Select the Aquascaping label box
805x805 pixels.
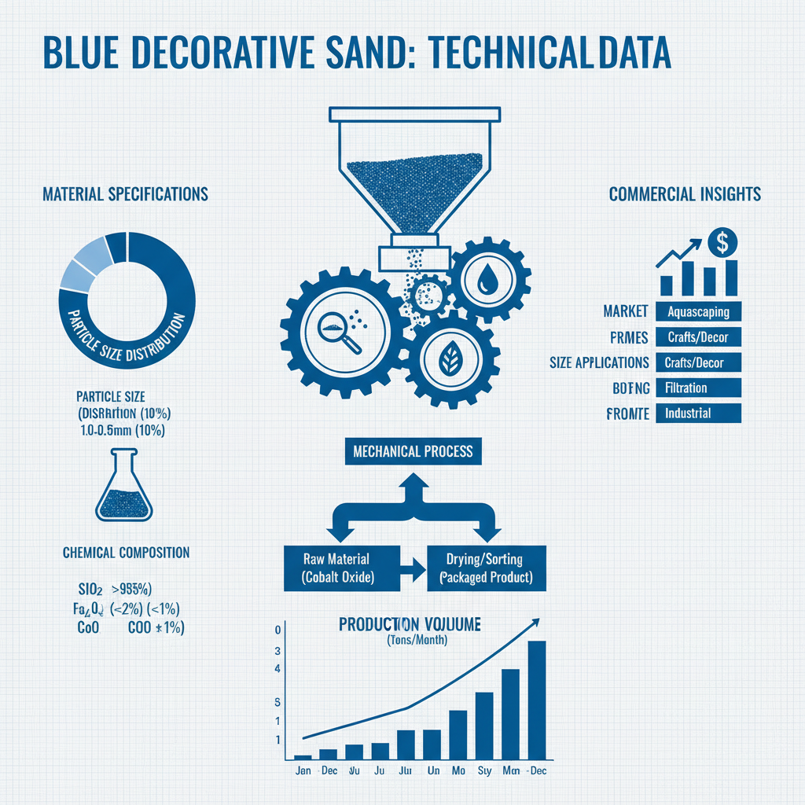point(697,312)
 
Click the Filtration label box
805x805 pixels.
point(697,388)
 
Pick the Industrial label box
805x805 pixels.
point(697,413)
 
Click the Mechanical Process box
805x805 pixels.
point(413,451)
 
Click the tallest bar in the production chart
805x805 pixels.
point(536,699)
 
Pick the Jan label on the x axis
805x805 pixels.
point(303,771)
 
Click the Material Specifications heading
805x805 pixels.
point(125,193)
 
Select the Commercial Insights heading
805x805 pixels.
point(685,193)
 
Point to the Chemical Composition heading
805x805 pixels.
point(126,553)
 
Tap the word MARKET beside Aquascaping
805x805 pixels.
point(626,312)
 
